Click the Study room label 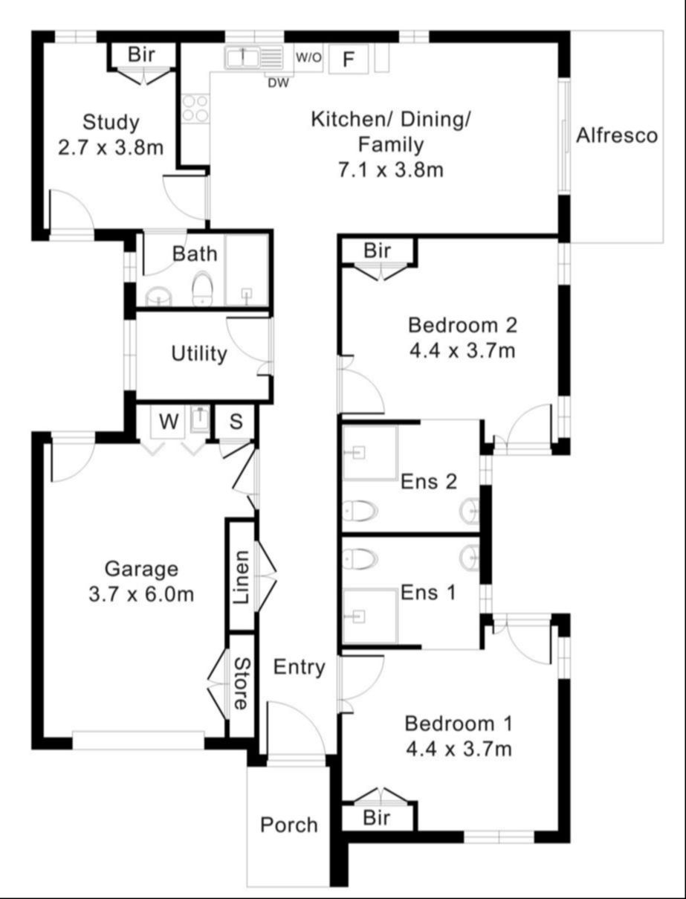coord(111,123)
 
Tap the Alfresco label coord(617,135)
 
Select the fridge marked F coord(349,59)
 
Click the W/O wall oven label coord(308,57)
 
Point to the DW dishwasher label coord(278,83)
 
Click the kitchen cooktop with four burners coord(195,108)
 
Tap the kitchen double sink coord(253,57)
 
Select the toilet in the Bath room coord(203,288)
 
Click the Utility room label coord(199,354)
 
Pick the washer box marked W coord(169,422)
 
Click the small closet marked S coord(236,422)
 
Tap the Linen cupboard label coord(242,578)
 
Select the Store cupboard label coord(241,684)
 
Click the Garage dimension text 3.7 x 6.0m coord(141,594)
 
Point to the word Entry coord(300,668)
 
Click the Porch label coord(289,825)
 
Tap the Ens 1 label coord(428,593)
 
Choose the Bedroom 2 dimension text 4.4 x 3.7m coord(462,351)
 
